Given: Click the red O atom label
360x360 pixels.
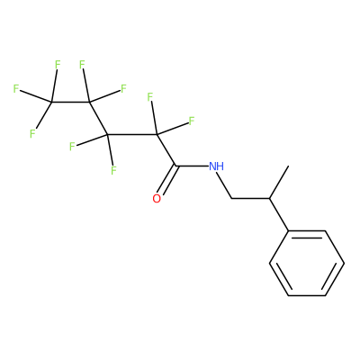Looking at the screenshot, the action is pyautogui.click(x=157, y=199).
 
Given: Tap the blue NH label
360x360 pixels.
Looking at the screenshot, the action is pyautogui.click(x=216, y=166).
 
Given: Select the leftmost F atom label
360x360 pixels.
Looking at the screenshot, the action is pyautogui.click(x=16, y=88).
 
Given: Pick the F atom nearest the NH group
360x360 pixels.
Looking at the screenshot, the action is pyautogui.click(x=192, y=121).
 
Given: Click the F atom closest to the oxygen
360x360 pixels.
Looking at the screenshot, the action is pyautogui.click(x=113, y=170).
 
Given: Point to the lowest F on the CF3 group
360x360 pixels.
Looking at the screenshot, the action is pyautogui.click(x=32, y=134).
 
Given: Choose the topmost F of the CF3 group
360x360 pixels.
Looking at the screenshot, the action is pyautogui.click(x=58, y=65).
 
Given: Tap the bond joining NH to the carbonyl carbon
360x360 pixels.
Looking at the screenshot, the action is pyautogui.click(x=192, y=166).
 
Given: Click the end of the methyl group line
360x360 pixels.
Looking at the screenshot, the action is pyautogui.click(x=288, y=166).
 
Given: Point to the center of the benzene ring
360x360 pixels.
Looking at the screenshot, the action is pyautogui.click(x=307, y=263).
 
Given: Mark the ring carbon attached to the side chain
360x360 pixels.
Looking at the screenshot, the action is pyautogui.click(x=288, y=230).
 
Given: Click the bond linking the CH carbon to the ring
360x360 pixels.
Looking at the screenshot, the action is pyautogui.click(x=279, y=214).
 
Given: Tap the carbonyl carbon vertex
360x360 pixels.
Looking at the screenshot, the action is pyautogui.click(x=175, y=166).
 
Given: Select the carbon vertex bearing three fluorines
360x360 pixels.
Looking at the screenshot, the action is pyautogui.click(x=51, y=103).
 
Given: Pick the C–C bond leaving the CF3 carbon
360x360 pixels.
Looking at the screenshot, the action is pyautogui.click(x=70, y=103).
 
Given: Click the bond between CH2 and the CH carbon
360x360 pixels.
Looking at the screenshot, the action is pyautogui.click(x=251, y=198).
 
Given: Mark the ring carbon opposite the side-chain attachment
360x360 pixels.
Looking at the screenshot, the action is pyautogui.click(x=326, y=295).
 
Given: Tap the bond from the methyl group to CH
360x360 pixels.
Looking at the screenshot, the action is pyautogui.click(x=279, y=182).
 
